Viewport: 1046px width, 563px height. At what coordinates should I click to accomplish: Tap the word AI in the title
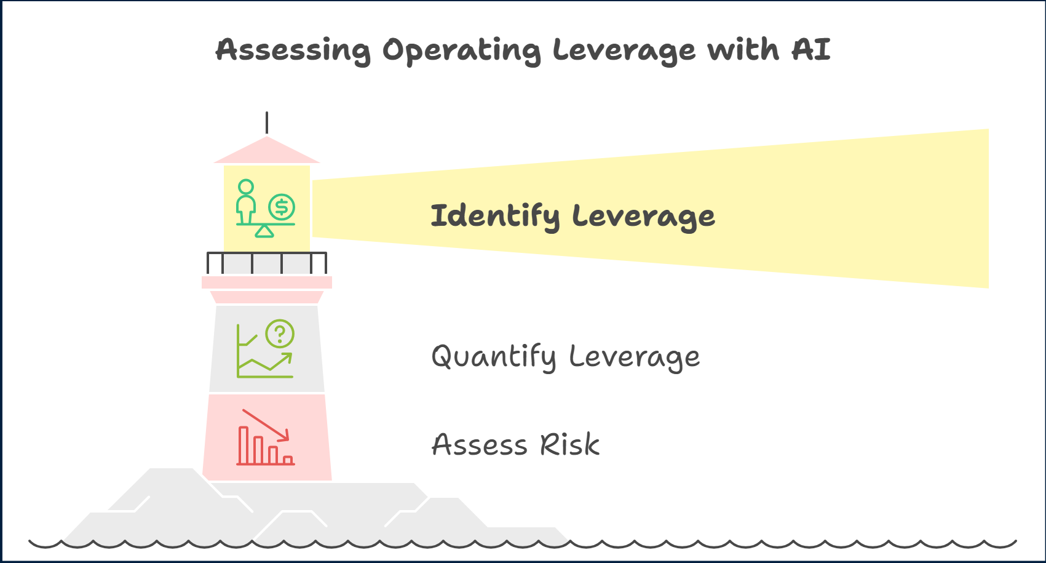[811, 49]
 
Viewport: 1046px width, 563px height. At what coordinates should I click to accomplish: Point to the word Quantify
[494, 357]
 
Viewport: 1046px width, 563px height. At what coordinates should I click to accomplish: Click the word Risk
[569, 445]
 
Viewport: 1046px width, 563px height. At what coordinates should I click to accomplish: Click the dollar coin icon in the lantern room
[282, 207]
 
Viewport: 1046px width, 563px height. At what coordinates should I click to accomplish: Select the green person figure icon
[246, 201]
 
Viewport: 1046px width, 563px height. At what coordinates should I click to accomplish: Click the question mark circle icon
[280, 334]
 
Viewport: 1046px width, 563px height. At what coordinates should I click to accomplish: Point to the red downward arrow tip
[285, 437]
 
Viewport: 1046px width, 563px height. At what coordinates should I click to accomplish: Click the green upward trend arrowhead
[288, 356]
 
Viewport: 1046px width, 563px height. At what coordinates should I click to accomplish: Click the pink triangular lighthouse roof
[267, 150]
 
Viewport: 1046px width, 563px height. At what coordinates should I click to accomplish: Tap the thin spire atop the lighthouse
[267, 122]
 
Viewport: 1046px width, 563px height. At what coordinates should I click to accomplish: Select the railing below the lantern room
[267, 263]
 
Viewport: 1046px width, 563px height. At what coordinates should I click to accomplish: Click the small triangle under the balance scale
[264, 231]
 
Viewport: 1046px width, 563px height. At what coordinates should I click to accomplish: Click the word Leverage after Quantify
[634, 357]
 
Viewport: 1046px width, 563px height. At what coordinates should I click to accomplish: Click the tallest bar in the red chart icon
[244, 445]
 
